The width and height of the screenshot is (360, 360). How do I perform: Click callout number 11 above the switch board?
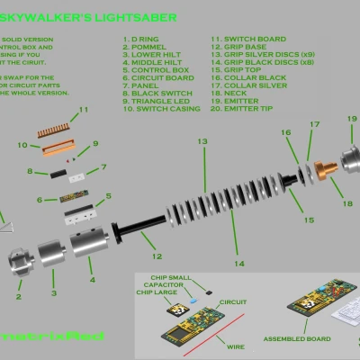pos(84,110)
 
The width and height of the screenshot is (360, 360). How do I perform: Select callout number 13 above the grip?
pos(202,142)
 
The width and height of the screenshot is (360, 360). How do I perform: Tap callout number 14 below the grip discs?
pos(238,264)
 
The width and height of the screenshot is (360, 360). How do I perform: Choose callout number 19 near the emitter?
pos(351,119)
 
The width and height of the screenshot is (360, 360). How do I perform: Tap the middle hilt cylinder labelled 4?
pos(88,238)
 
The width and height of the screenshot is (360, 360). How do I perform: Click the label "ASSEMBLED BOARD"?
pos(292,339)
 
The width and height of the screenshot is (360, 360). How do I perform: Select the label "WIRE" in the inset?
pos(236,345)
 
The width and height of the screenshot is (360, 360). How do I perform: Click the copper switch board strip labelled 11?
pos(58,130)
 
